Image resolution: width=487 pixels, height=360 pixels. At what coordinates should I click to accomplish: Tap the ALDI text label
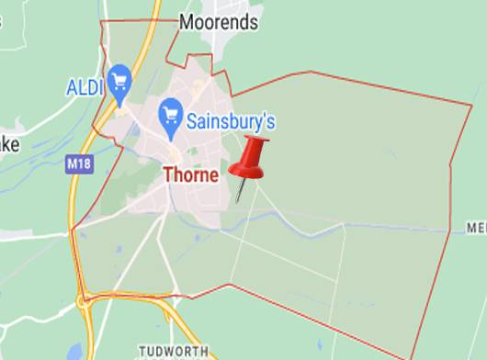point(85,88)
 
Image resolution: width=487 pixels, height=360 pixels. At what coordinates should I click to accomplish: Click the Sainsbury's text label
point(231,121)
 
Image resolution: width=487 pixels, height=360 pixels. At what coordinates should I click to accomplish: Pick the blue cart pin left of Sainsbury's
point(170,114)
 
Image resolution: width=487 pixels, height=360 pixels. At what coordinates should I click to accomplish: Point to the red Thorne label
point(191,174)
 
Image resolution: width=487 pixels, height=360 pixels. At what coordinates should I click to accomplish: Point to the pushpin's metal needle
point(241,191)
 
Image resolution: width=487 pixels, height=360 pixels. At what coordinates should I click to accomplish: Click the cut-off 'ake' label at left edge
point(7,145)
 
